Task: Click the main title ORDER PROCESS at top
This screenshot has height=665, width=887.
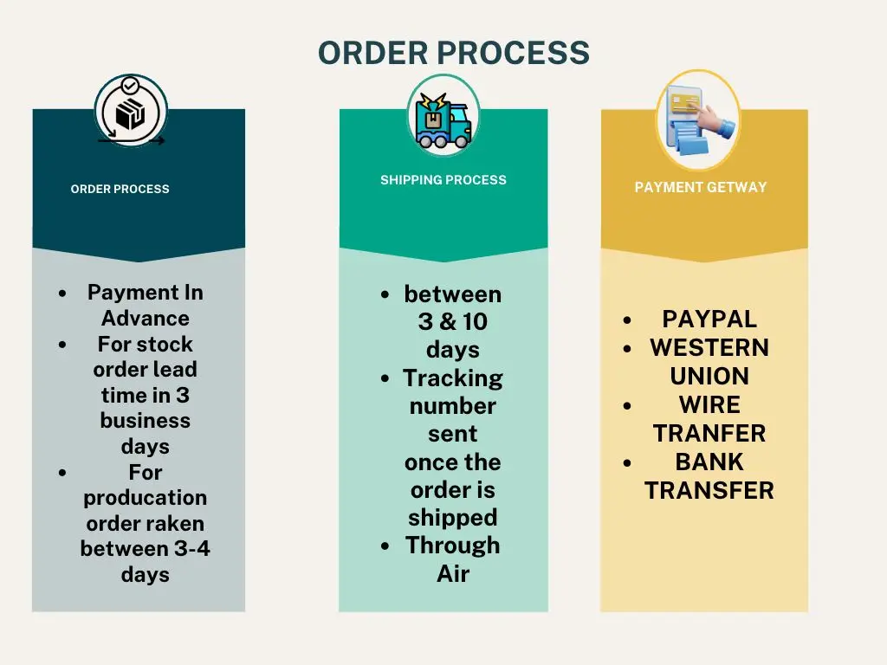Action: click(454, 53)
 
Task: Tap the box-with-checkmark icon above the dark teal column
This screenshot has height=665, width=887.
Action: click(130, 112)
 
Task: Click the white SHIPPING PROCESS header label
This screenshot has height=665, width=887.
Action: click(443, 180)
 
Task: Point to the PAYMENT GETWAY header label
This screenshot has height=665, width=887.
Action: click(700, 187)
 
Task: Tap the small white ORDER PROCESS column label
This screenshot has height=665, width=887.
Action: click(120, 189)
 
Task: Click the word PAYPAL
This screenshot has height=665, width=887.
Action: click(709, 319)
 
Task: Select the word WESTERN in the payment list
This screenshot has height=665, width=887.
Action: click(709, 347)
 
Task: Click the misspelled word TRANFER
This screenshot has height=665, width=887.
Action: click(709, 433)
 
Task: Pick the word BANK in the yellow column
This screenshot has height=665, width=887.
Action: click(709, 462)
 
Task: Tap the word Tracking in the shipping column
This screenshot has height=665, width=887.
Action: click(452, 378)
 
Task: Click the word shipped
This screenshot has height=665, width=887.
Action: click(452, 518)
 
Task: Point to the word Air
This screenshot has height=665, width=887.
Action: click(452, 573)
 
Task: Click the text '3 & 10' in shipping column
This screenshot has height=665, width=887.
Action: click(452, 322)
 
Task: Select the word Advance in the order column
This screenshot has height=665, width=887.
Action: click(145, 318)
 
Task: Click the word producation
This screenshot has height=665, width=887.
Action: click(145, 498)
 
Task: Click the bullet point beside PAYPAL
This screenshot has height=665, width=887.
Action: click(627, 320)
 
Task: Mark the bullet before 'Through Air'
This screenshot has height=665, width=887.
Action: click(385, 547)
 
